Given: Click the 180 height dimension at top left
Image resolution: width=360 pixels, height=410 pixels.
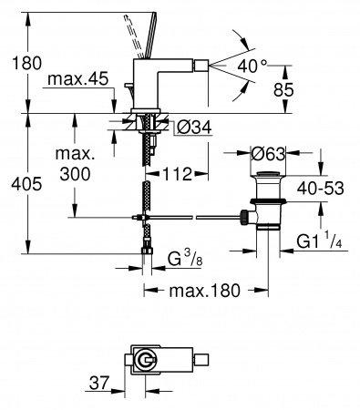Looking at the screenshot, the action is [x=26, y=63].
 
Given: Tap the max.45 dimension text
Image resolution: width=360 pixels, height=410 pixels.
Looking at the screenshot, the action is [x=77, y=79].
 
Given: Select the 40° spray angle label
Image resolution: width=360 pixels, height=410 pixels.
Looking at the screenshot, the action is [x=252, y=66].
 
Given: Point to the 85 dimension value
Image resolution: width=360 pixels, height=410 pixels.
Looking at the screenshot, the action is [x=283, y=89].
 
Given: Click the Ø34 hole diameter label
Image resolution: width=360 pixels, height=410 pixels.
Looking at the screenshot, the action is [x=194, y=128].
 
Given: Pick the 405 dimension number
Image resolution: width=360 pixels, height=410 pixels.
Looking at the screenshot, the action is [x=26, y=184].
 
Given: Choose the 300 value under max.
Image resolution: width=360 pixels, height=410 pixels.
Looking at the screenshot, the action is [x=75, y=174].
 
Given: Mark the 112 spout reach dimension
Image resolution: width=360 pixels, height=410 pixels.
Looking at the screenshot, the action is [x=178, y=174].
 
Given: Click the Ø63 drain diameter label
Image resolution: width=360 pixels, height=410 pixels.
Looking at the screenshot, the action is [x=268, y=154].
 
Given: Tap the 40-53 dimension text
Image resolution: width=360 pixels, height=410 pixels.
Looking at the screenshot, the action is [x=321, y=189].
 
